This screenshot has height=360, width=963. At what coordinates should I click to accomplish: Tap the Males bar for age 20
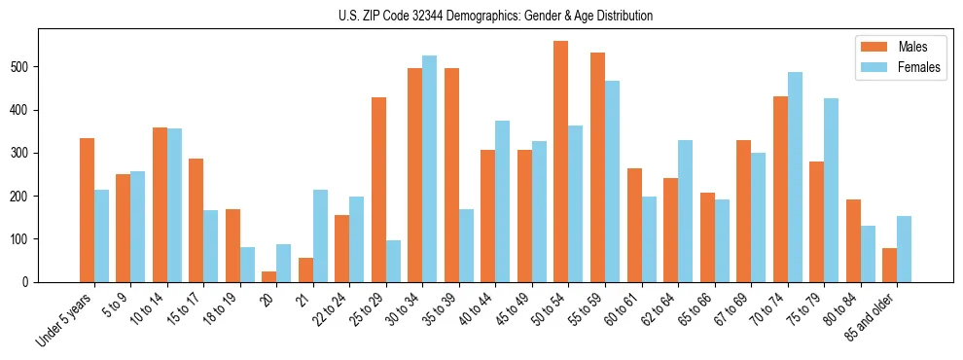[269, 276]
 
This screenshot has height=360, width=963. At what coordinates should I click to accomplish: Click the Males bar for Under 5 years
[88, 210]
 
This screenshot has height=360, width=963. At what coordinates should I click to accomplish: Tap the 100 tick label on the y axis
[22, 239]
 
